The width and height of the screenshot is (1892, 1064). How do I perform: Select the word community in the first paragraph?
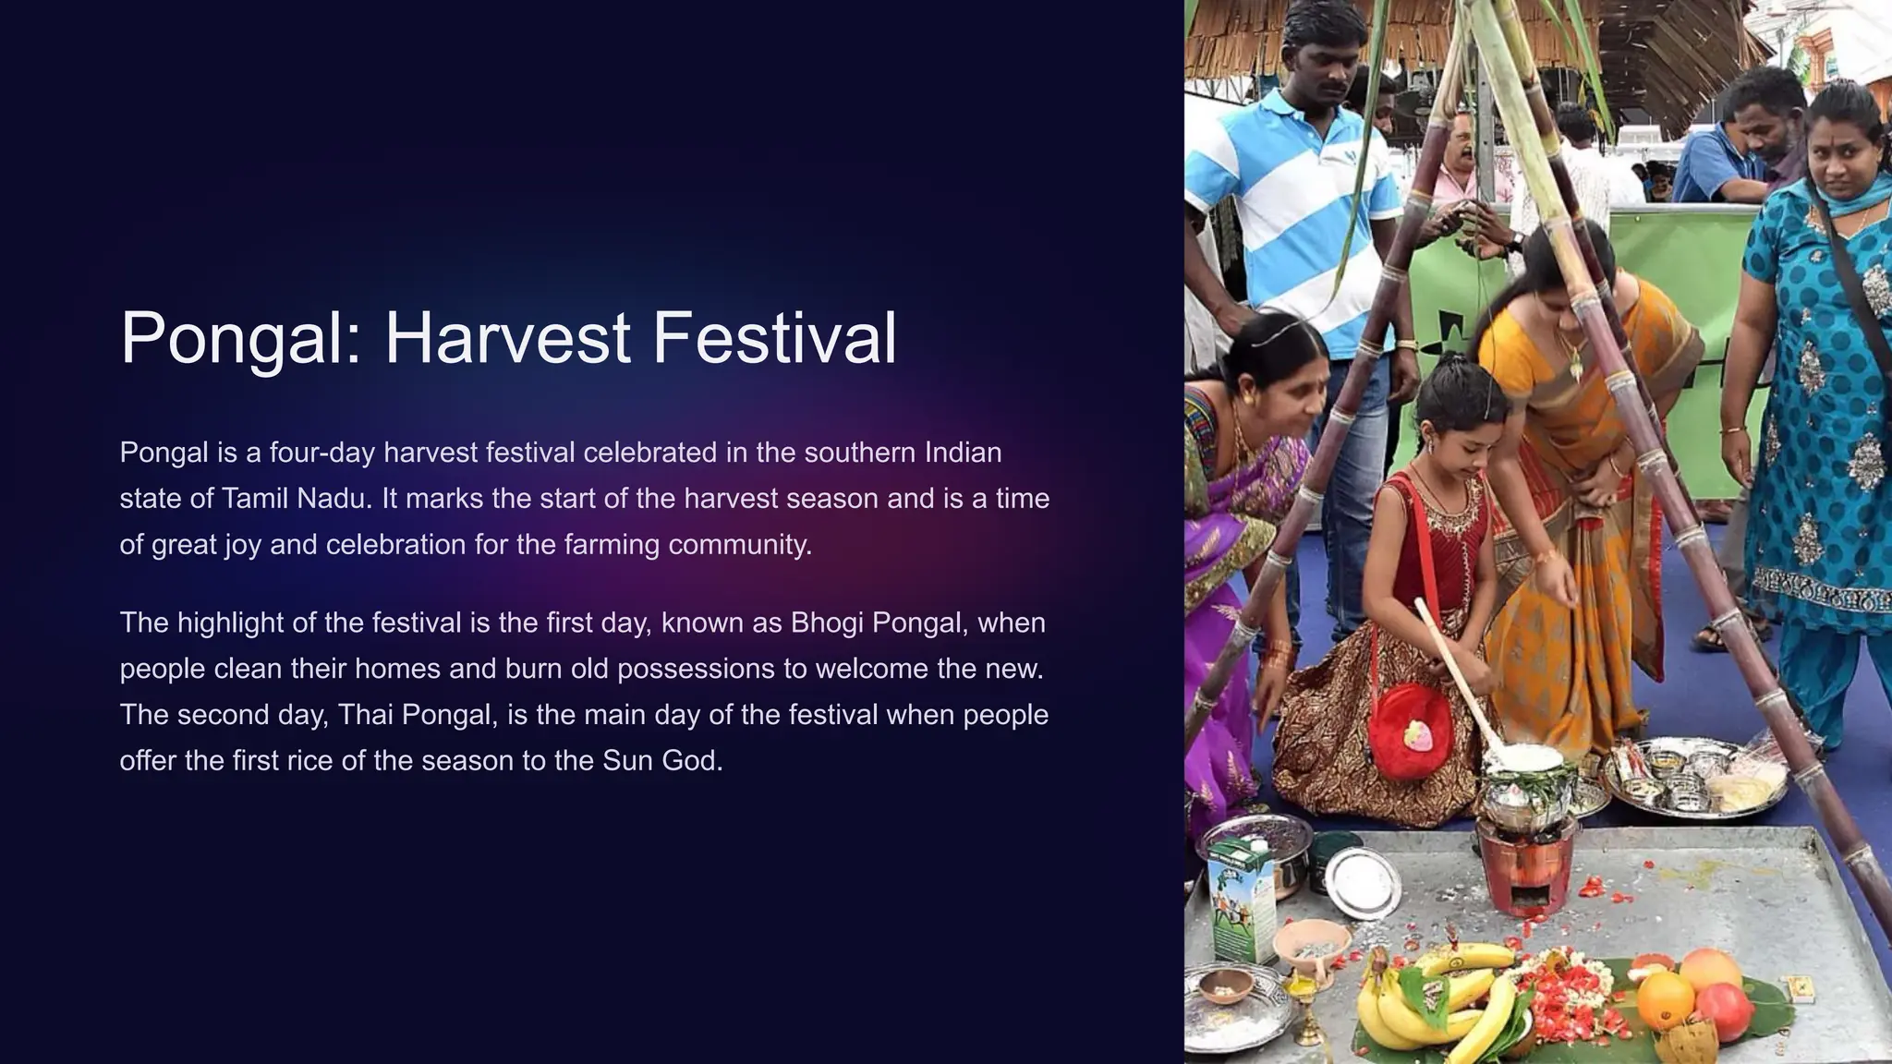tap(739, 545)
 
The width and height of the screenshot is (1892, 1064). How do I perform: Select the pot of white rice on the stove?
tap(1524, 767)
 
